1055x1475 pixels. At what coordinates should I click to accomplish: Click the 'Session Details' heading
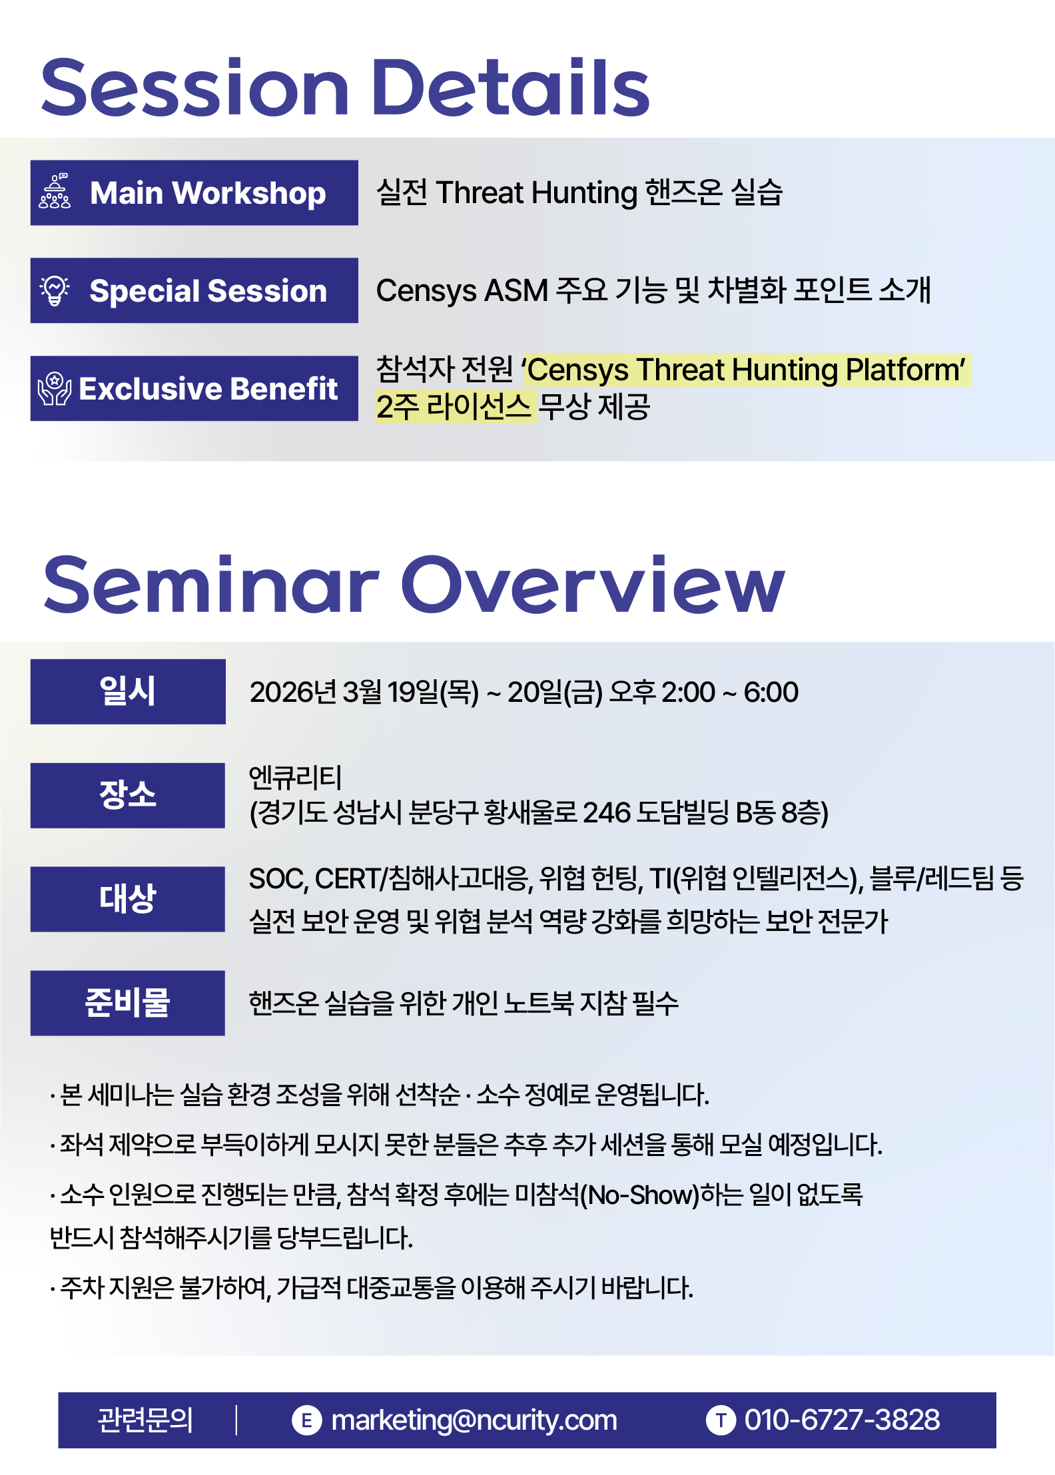click(345, 87)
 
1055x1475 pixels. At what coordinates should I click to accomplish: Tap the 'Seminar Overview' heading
click(414, 584)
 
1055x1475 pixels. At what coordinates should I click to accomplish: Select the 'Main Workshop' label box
click(194, 192)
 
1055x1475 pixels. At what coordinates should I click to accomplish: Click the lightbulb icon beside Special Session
click(55, 290)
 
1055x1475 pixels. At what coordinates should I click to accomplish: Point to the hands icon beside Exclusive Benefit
click(55, 389)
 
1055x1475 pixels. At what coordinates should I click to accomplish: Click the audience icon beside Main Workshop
click(55, 192)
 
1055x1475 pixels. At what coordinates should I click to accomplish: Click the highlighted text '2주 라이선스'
click(454, 406)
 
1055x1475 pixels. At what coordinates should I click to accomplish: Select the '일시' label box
click(128, 691)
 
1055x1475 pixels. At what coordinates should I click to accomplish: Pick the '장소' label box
click(128, 795)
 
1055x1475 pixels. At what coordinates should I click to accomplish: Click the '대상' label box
click(128, 899)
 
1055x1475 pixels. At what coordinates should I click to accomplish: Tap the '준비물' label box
click(128, 1003)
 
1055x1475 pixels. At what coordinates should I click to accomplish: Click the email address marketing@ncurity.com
click(474, 1420)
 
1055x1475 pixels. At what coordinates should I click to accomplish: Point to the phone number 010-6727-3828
click(843, 1420)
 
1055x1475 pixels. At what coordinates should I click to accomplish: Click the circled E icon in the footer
click(307, 1420)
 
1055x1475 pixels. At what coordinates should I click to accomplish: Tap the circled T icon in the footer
click(721, 1420)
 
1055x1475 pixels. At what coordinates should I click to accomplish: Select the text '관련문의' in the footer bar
click(145, 1420)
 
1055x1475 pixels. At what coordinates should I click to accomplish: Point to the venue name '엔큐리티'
click(295, 777)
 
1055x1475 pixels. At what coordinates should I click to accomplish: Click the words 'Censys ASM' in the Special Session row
click(462, 290)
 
